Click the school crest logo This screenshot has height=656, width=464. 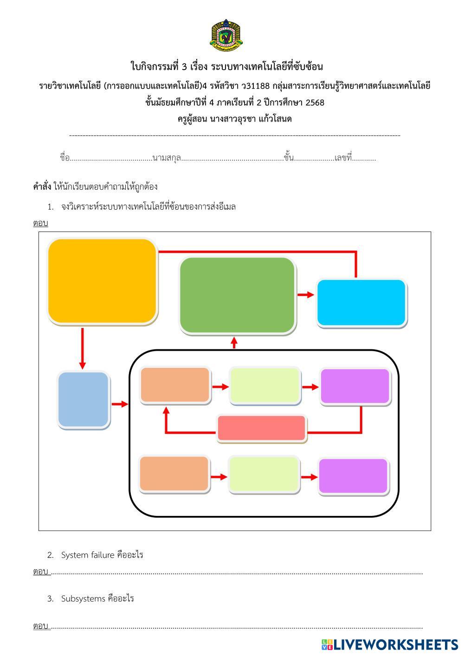coord(226,35)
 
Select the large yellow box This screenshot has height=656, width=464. coord(102,281)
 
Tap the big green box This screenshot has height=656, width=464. coord(237,295)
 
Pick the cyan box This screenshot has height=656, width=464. coord(361,302)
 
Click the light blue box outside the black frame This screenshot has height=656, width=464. coord(84,399)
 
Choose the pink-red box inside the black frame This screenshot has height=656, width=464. coord(262,428)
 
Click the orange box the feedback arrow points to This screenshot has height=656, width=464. coord(175,385)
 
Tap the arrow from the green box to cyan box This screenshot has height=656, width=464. coord(305,295)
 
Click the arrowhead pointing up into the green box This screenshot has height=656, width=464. coord(234,342)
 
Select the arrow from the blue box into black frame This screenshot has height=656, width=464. coord(120,404)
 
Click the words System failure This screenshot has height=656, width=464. coord(88,555)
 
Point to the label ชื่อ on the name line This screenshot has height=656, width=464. coord(64,158)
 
